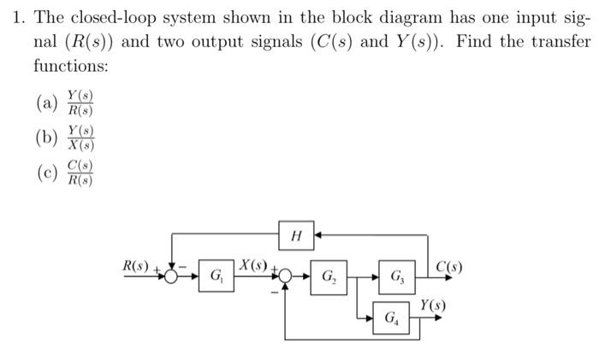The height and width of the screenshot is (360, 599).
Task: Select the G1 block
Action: coord(217,276)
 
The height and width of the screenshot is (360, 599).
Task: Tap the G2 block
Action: coord(329,276)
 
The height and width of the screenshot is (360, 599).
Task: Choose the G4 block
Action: coord(392,319)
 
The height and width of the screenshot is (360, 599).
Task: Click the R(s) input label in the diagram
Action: coord(138,267)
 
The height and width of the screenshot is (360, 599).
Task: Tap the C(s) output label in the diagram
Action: coord(450,266)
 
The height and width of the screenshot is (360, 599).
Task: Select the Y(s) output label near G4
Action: coord(432,305)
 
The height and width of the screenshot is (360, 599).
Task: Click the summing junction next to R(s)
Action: coord(174,276)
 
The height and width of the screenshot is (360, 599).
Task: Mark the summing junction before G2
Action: coord(284,276)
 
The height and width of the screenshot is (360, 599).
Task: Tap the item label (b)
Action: coord(46,138)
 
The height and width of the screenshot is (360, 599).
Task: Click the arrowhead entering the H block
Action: coord(317,233)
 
